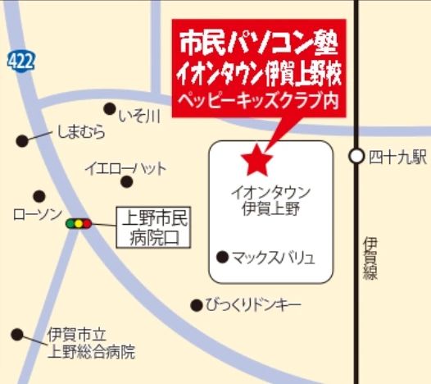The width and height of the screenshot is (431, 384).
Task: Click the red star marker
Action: (256, 159)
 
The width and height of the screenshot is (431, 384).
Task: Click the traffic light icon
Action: (79, 222)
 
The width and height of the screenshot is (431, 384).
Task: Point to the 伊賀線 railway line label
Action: (370, 258)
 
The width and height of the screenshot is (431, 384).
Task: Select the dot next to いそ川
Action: (109, 107)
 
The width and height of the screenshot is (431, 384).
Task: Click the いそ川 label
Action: (138, 116)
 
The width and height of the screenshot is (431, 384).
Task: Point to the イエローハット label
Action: (125, 168)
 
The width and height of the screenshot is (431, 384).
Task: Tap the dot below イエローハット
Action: (126, 183)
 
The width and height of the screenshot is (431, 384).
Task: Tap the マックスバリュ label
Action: (273, 258)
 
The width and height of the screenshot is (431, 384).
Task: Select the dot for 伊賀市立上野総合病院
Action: (17, 334)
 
